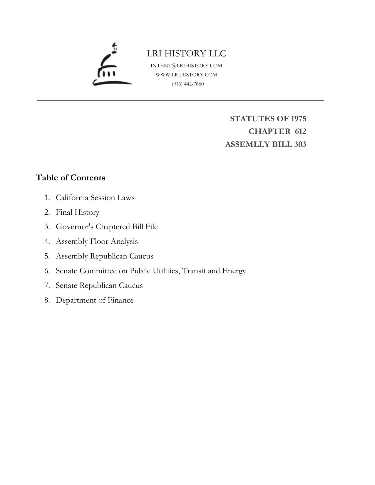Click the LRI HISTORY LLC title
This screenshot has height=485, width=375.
point(186,53)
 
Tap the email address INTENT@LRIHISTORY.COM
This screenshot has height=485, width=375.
point(186,66)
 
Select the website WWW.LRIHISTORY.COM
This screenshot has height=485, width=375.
point(186,75)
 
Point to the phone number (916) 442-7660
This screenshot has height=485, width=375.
point(188,84)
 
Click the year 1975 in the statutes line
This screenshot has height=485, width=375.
point(298,119)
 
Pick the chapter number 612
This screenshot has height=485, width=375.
point(300,131)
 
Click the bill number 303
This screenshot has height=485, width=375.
point(300,145)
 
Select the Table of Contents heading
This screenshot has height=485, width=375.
point(70,178)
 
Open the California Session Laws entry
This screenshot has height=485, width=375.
point(95,197)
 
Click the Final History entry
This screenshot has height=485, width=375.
point(78,212)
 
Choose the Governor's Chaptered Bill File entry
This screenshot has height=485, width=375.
point(107,227)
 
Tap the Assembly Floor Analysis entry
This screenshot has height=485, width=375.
point(97,241)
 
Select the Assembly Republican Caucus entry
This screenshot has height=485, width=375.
point(104,256)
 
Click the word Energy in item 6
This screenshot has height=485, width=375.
point(234,271)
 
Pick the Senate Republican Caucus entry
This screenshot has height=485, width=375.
point(99,286)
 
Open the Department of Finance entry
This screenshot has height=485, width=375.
point(95,300)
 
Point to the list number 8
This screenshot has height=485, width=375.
point(47,300)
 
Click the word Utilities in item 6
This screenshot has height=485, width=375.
point(166,271)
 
